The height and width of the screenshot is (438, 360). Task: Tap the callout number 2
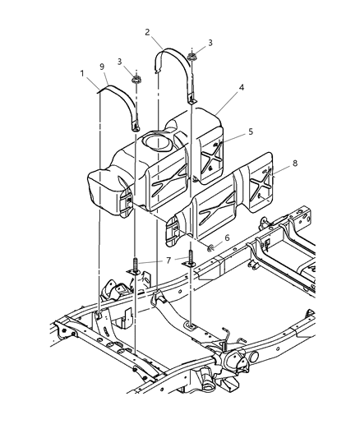click(146, 33)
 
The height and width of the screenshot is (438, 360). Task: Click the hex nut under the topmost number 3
click(191, 57)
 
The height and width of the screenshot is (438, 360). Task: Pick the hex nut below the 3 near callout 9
click(136, 81)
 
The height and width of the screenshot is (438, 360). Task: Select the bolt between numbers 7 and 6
click(191, 256)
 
